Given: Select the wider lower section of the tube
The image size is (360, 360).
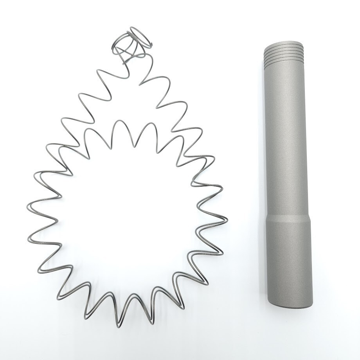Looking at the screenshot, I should (x=290, y=262).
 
